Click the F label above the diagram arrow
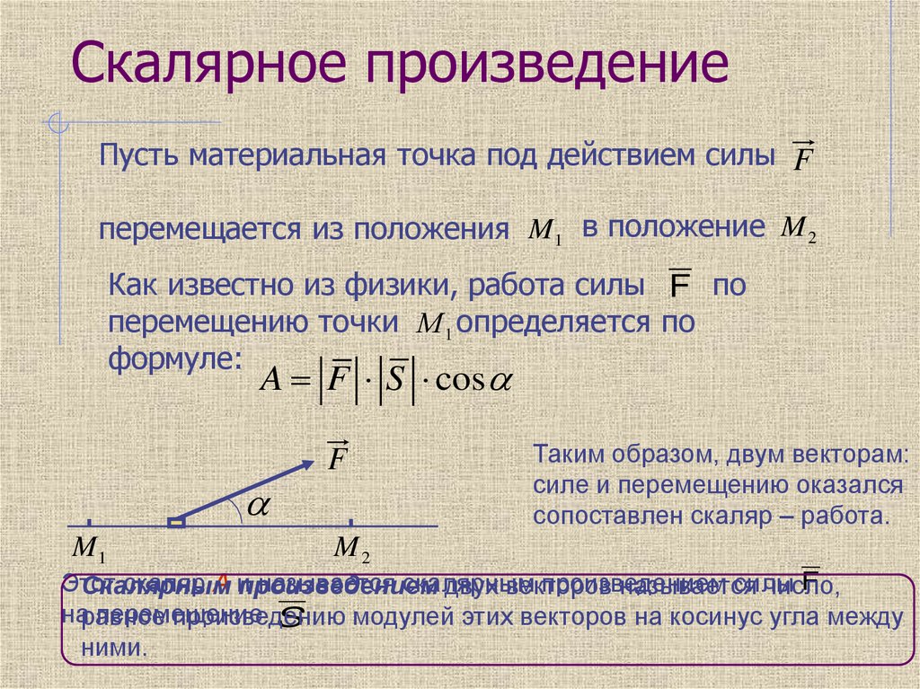(338, 455)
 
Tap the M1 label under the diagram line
(89, 547)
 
